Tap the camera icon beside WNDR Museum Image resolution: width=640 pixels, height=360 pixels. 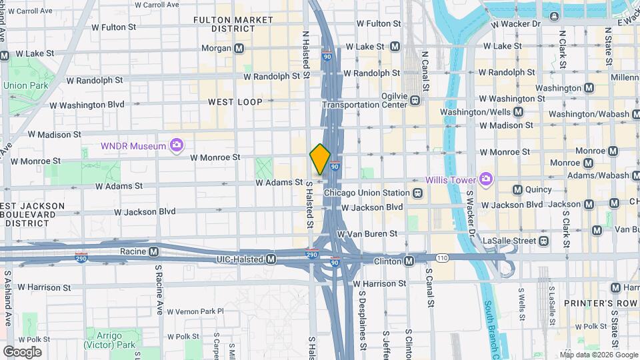coord(177,145)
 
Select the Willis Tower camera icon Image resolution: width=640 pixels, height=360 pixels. coord(486,179)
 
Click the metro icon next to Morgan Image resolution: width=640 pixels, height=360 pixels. coord(239,48)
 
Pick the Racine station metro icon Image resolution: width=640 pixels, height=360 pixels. coord(154,251)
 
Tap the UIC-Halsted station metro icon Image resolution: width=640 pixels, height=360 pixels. coord(271,259)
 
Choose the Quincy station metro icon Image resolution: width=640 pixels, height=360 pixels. coord(517,189)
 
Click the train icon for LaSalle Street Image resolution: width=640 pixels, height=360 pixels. coord(544,240)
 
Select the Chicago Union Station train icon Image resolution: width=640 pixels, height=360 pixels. coord(417,193)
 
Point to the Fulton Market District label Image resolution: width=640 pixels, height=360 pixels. coord(225,25)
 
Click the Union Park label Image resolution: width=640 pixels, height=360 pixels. coord(25,85)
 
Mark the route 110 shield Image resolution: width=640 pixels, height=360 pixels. coord(441,257)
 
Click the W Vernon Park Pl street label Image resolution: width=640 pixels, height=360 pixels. coord(195,311)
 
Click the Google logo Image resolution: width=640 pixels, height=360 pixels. coord(22,351)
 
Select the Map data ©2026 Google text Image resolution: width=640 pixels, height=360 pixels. coord(599,354)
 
